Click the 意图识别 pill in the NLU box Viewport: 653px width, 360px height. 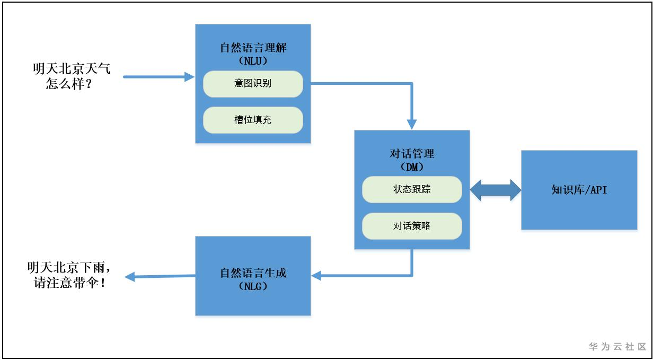[253, 84]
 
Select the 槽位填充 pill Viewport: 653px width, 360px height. [253, 120]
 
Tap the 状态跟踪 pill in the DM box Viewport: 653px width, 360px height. [412, 189]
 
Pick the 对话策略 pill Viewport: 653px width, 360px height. [412, 225]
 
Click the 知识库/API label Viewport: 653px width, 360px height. [579, 190]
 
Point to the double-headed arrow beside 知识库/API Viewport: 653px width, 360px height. [496, 190]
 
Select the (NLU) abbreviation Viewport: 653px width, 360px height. [253, 60]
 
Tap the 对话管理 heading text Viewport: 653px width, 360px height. [412, 154]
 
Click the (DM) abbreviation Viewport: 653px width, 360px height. [412, 166]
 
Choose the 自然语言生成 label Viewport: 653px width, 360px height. [253, 274]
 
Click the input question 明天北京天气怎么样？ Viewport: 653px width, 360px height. [72, 76]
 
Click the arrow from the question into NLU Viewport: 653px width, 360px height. [159, 77]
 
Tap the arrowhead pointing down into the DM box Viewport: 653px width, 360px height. [412, 124]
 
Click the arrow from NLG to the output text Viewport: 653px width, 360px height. [159, 276]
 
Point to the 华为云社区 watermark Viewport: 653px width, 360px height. [617, 347]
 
